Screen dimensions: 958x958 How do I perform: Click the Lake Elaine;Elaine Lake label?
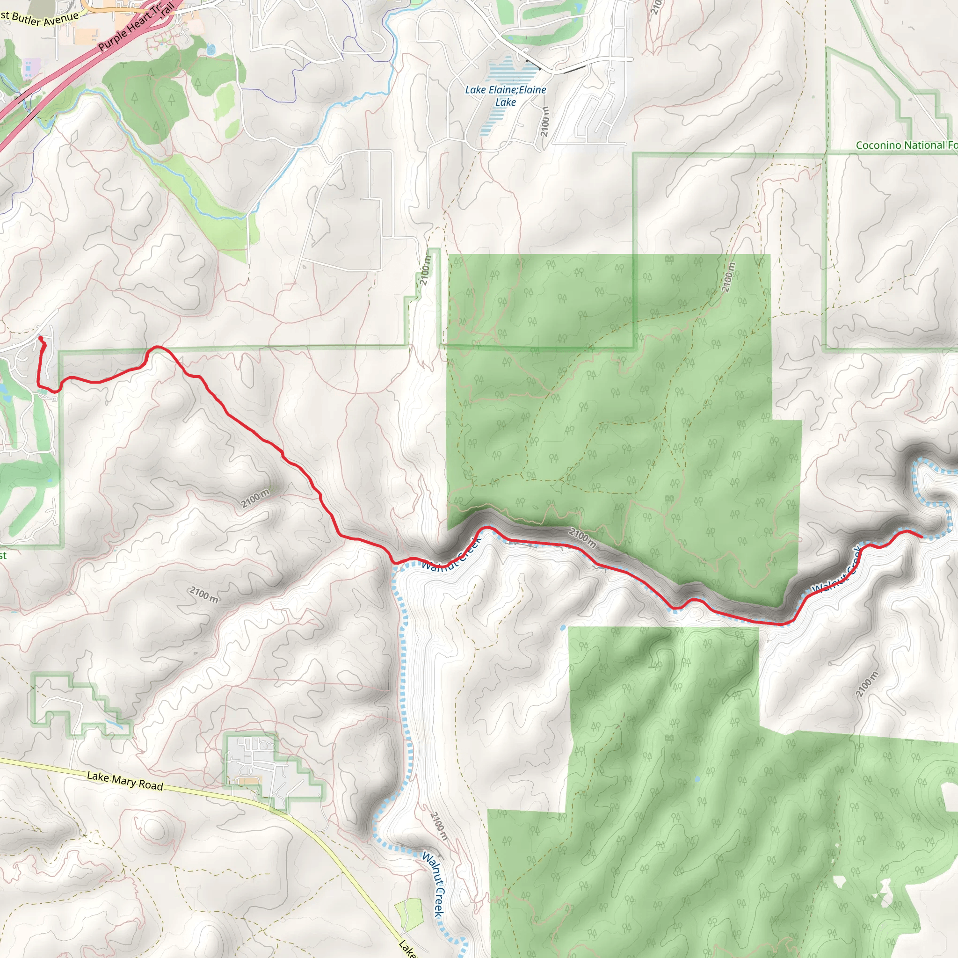tap(505, 96)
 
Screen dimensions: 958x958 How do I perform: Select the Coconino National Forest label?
tap(906, 145)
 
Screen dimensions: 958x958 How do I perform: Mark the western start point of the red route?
tap(40, 338)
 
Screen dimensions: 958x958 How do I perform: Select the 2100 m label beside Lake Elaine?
tap(545, 122)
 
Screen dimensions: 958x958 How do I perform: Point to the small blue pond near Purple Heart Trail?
tap(211, 49)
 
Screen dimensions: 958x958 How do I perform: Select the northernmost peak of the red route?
tap(158, 347)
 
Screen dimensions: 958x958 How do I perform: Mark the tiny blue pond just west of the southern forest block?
tap(563, 628)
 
